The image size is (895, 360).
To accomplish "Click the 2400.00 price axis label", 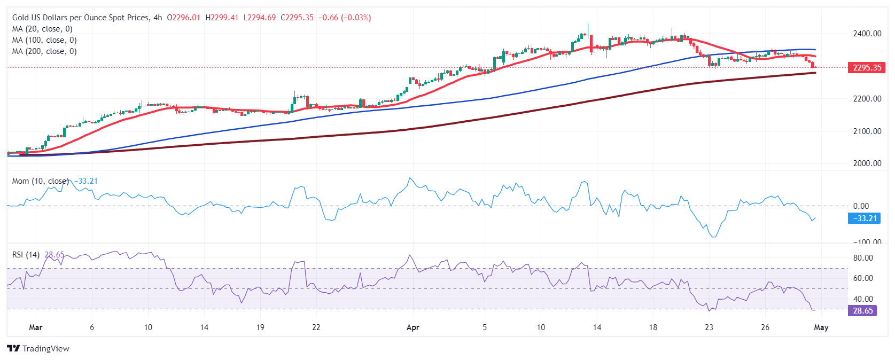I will (867, 34).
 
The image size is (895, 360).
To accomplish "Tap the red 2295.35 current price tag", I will (866, 68).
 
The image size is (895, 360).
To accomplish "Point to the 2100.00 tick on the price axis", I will (867, 131).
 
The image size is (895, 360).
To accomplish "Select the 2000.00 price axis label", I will (867, 163).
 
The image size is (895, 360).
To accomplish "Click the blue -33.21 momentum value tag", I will (864, 218).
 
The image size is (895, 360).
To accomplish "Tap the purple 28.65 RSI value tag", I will (862, 311).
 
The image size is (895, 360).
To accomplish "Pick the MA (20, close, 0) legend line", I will (42, 29).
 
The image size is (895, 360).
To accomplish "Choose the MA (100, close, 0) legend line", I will (44, 40).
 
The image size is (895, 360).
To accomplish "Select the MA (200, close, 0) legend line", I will (44, 51).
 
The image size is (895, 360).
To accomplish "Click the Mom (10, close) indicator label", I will (41, 181).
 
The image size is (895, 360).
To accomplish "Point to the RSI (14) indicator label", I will (26, 255).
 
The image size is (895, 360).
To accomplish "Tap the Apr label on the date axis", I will (413, 327).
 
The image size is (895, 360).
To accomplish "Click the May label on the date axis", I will (821, 327).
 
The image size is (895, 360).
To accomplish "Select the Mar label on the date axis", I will (35, 327).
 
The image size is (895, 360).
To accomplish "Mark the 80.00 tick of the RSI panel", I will (862, 258).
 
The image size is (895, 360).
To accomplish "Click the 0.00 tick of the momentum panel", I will (861, 206).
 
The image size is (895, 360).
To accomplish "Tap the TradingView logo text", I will (45, 349).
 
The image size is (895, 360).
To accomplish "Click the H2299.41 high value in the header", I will (222, 18).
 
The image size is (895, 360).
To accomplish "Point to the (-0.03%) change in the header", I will (356, 18).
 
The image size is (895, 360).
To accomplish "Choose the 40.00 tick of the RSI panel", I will (862, 299).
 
